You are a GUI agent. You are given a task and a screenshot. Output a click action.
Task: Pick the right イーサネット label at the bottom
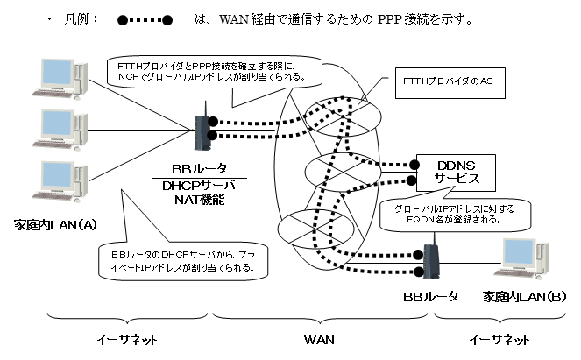[x=499, y=338]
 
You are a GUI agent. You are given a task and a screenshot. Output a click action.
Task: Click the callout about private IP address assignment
[x=182, y=260]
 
